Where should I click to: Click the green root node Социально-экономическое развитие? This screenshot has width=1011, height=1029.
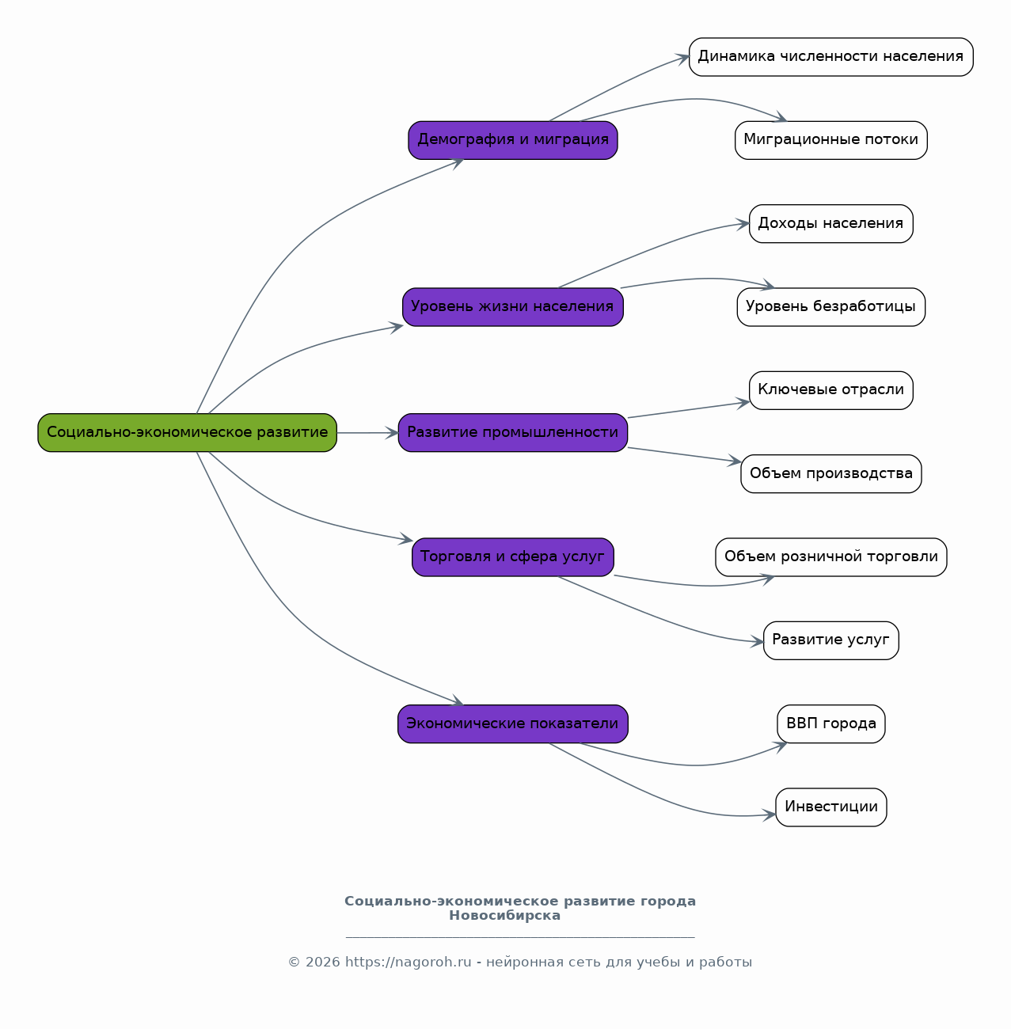187,432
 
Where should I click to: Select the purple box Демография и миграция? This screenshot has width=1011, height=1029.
513,140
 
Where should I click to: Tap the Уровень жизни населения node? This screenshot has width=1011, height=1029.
513,307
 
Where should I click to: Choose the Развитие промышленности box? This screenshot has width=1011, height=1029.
513,432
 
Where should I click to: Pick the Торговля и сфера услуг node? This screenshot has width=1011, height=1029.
513,557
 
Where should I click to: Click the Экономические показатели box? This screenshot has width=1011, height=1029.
513,723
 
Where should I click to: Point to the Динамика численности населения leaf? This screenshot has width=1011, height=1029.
831,57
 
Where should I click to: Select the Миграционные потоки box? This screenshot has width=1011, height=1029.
831,140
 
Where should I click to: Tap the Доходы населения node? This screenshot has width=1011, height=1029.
831,224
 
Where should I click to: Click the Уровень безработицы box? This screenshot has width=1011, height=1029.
831,307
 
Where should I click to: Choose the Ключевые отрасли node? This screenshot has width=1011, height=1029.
831,390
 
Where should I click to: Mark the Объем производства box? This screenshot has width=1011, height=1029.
831,473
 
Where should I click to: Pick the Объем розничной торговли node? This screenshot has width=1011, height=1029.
831,557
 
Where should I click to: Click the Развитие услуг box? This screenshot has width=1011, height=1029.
831,640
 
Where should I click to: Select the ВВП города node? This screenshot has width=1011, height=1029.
831,723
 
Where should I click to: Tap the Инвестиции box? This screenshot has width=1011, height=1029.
831,807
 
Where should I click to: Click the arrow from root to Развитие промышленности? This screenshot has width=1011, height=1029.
367,432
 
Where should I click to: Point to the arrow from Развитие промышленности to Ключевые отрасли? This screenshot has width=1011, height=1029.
688,409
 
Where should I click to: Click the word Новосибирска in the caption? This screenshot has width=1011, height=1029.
504,915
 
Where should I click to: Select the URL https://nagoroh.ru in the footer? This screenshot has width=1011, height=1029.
409,962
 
